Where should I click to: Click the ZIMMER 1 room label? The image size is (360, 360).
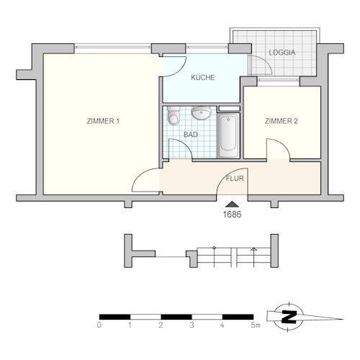(102, 121)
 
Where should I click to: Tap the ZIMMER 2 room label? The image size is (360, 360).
(282, 121)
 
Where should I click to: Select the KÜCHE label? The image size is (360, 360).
(202, 78)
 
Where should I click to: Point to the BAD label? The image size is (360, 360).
(191, 135)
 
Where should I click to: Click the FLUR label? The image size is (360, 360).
(234, 177)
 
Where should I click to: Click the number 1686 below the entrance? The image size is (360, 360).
(231, 214)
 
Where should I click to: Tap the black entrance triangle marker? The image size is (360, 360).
(231, 204)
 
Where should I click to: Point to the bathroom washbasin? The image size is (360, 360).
(202, 113)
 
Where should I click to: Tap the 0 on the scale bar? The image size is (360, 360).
(99, 325)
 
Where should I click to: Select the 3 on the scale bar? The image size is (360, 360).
(192, 325)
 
